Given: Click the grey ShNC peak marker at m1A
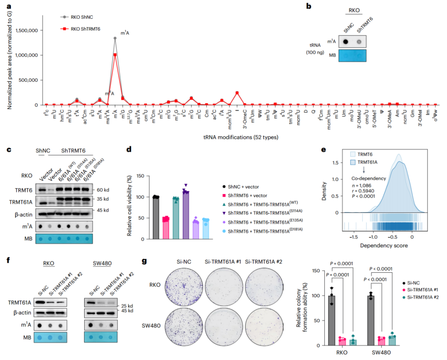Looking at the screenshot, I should point(115,39).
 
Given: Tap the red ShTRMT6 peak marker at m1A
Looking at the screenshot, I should point(115,55).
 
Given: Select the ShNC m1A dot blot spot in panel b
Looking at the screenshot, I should point(346,42).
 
